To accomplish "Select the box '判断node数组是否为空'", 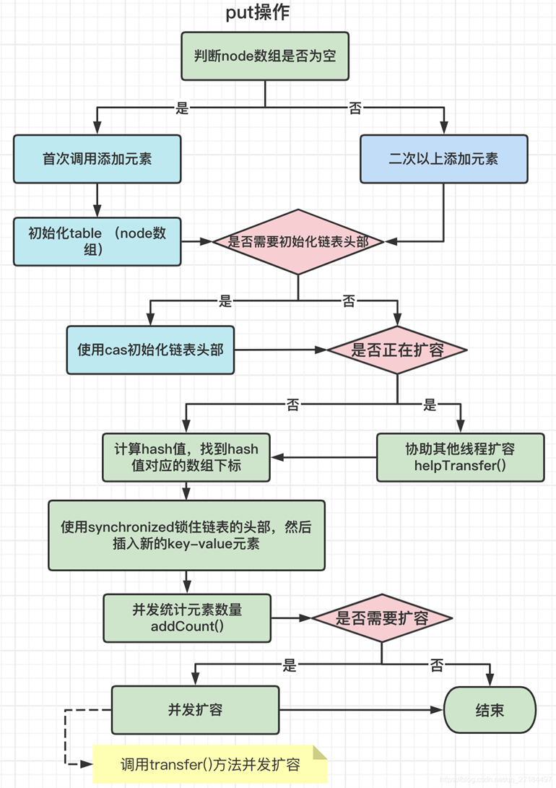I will click(265, 56).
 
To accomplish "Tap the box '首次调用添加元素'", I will click(97, 159).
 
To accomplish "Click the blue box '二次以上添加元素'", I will click(443, 159).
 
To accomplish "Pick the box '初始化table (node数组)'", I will click(97, 241).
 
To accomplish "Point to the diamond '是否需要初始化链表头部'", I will click(298, 241).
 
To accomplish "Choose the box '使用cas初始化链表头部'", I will click(150, 350).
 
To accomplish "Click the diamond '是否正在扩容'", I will click(397, 350).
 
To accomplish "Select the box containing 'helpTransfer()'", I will click(461, 458).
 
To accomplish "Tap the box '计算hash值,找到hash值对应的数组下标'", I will click(186, 458).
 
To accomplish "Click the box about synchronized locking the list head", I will click(186, 534).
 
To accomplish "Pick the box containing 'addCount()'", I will click(187, 618).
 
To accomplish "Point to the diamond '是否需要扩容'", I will click(382, 618).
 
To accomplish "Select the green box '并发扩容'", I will click(195, 710).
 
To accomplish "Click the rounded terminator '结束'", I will click(490, 710).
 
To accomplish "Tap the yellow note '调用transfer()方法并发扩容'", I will click(210, 764).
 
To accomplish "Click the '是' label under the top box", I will click(182, 108).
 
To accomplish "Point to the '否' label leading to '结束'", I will click(437, 665).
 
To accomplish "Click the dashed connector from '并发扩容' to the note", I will click(66, 737).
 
